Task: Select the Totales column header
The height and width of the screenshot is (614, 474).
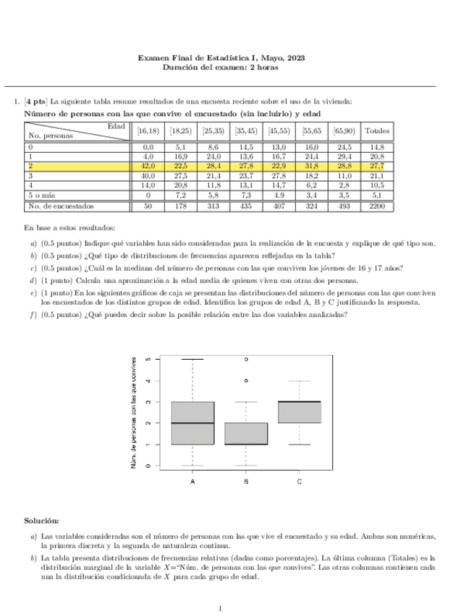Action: tap(378, 131)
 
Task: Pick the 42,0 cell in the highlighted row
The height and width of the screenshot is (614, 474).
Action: tap(148, 166)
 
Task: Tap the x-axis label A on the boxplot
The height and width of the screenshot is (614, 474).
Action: tap(192, 481)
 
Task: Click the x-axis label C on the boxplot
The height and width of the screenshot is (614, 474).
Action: tap(300, 481)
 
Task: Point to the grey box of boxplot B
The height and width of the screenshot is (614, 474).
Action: tap(246, 434)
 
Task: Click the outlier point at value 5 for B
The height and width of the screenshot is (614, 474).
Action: tap(246, 359)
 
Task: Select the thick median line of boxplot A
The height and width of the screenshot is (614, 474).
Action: tap(192, 423)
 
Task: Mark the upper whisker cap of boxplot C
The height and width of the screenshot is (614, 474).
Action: tap(300, 381)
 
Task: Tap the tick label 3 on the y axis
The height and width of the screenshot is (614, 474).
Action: tap(148, 402)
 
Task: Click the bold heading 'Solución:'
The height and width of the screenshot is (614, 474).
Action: tap(41, 521)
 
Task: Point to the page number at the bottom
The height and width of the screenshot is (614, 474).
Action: tap(220, 608)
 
